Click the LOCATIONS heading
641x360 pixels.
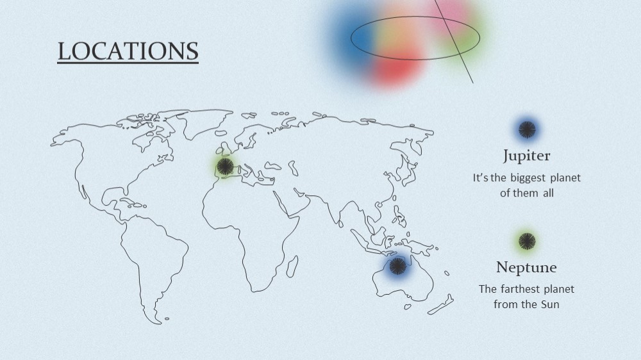[x=128, y=51]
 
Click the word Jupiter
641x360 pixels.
[x=526, y=156]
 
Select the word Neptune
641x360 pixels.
[x=526, y=267]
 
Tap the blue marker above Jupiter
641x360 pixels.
[x=527, y=129]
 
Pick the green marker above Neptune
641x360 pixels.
[x=527, y=241]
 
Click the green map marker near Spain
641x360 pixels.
[x=225, y=167]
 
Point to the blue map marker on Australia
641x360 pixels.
[x=397, y=266]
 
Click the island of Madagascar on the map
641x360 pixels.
[x=292, y=266]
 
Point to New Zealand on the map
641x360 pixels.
[x=441, y=304]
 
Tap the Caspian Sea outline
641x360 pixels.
[x=293, y=168]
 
